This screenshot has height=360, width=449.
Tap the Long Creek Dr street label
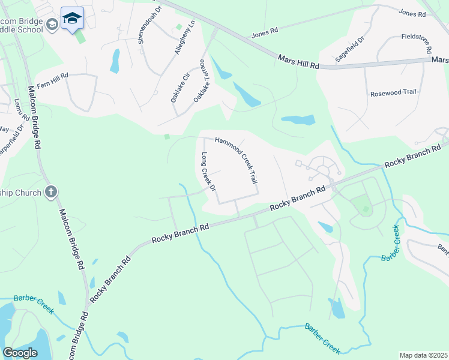[208, 172]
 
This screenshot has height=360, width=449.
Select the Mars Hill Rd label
[298, 61]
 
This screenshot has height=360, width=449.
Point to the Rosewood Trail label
[393, 93]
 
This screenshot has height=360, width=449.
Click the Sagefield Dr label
[351, 49]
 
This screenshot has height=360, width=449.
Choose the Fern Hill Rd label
[53, 76]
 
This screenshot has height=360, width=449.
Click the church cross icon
[51, 193]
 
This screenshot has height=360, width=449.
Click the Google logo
[20, 353]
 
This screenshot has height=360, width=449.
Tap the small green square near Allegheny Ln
[178, 28]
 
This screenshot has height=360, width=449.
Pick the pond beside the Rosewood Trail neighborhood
[298, 120]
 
